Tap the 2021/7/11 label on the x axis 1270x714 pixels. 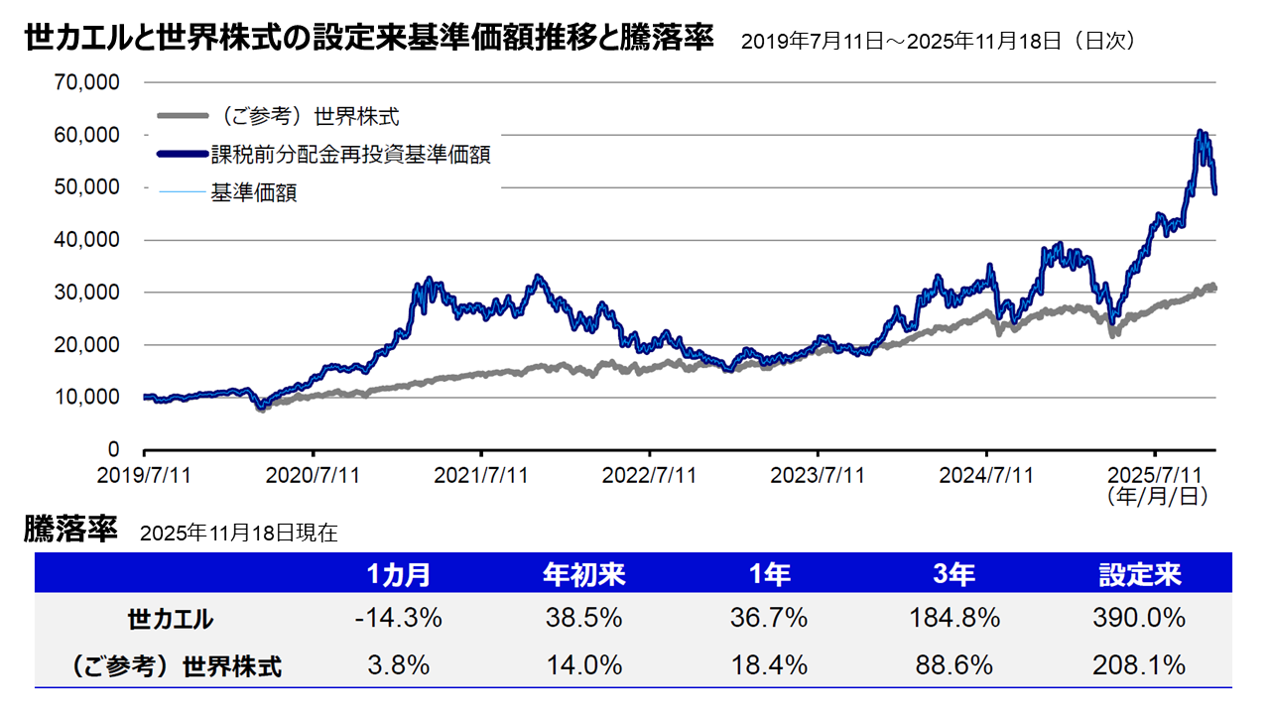(x=481, y=475)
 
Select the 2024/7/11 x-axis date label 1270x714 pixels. (x=987, y=475)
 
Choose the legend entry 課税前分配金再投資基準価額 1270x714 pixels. (x=350, y=155)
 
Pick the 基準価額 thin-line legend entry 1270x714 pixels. (x=253, y=192)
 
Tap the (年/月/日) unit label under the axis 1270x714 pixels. (x=1156, y=496)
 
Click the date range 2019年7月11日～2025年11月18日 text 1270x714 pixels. (x=938, y=42)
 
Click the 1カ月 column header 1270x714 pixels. (x=398, y=574)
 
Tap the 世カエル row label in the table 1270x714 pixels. (x=171, y=620)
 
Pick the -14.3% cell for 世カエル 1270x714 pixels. (x=398, y=619)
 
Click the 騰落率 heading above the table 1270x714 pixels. (x=71, y=529)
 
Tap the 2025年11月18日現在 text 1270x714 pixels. (x=238, y=533)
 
